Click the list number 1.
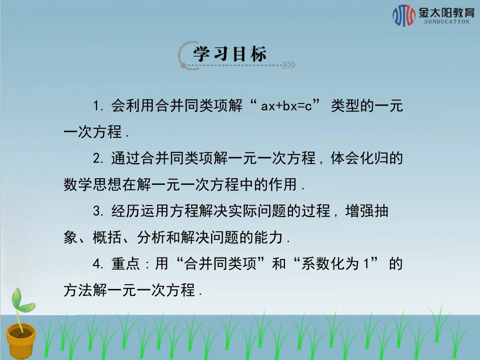click(98, 107)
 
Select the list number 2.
click(98, 159)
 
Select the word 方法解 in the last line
click(85, 290)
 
